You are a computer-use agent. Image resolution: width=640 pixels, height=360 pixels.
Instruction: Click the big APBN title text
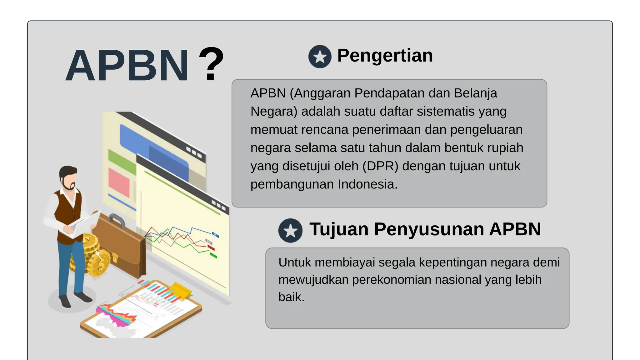(127, 66)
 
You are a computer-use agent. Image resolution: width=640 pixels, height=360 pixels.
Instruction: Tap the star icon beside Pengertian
(320, 57)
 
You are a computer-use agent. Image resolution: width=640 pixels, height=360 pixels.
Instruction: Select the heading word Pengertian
(385, 56)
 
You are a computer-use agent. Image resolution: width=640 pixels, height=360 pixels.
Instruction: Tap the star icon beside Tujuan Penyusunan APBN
(290, 231)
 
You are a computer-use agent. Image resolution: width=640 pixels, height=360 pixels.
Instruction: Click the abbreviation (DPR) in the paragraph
(380, 166)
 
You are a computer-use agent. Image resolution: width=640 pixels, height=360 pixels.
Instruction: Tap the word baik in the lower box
(291, 297)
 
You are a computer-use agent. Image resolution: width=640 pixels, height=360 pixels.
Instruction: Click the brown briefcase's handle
(117, 220)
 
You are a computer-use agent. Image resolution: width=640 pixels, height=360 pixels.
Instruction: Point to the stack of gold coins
(94, 255)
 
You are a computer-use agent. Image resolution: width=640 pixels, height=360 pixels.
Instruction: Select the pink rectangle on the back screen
(119, 182)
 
